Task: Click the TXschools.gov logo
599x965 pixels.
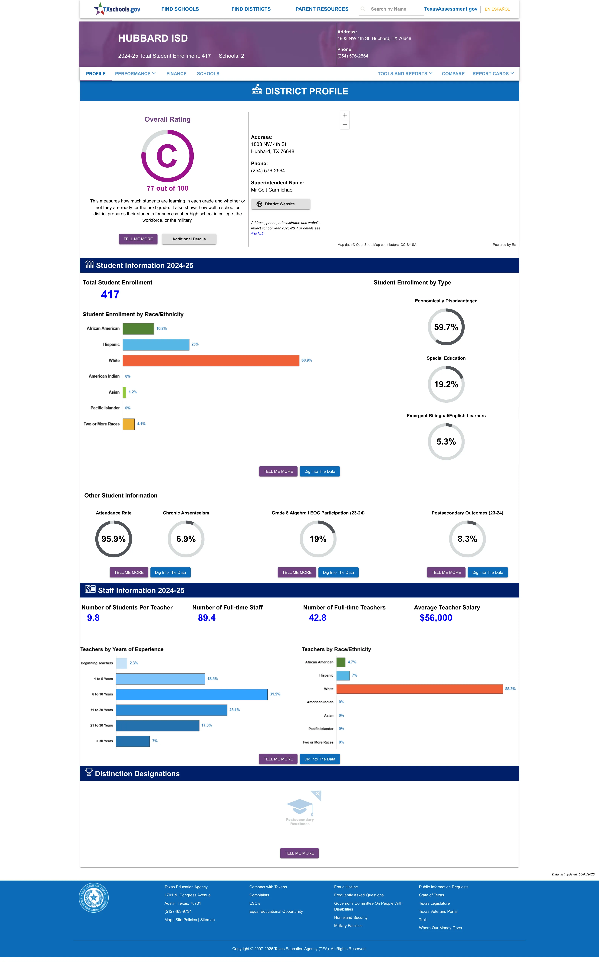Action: (117, 9)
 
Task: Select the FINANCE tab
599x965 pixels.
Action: (176, 74)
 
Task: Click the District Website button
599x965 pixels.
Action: (281, 204)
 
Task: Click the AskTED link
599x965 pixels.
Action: (258, 233)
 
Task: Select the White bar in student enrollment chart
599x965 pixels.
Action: (211, 360)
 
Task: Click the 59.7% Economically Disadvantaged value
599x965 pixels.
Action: (446, 327)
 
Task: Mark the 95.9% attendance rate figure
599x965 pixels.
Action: (113, 539)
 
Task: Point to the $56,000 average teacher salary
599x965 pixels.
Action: (436, 618)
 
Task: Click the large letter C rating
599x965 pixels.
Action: (167, 156)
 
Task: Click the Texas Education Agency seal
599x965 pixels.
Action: (94, 897)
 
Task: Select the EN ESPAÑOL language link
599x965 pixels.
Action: (497, 9)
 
